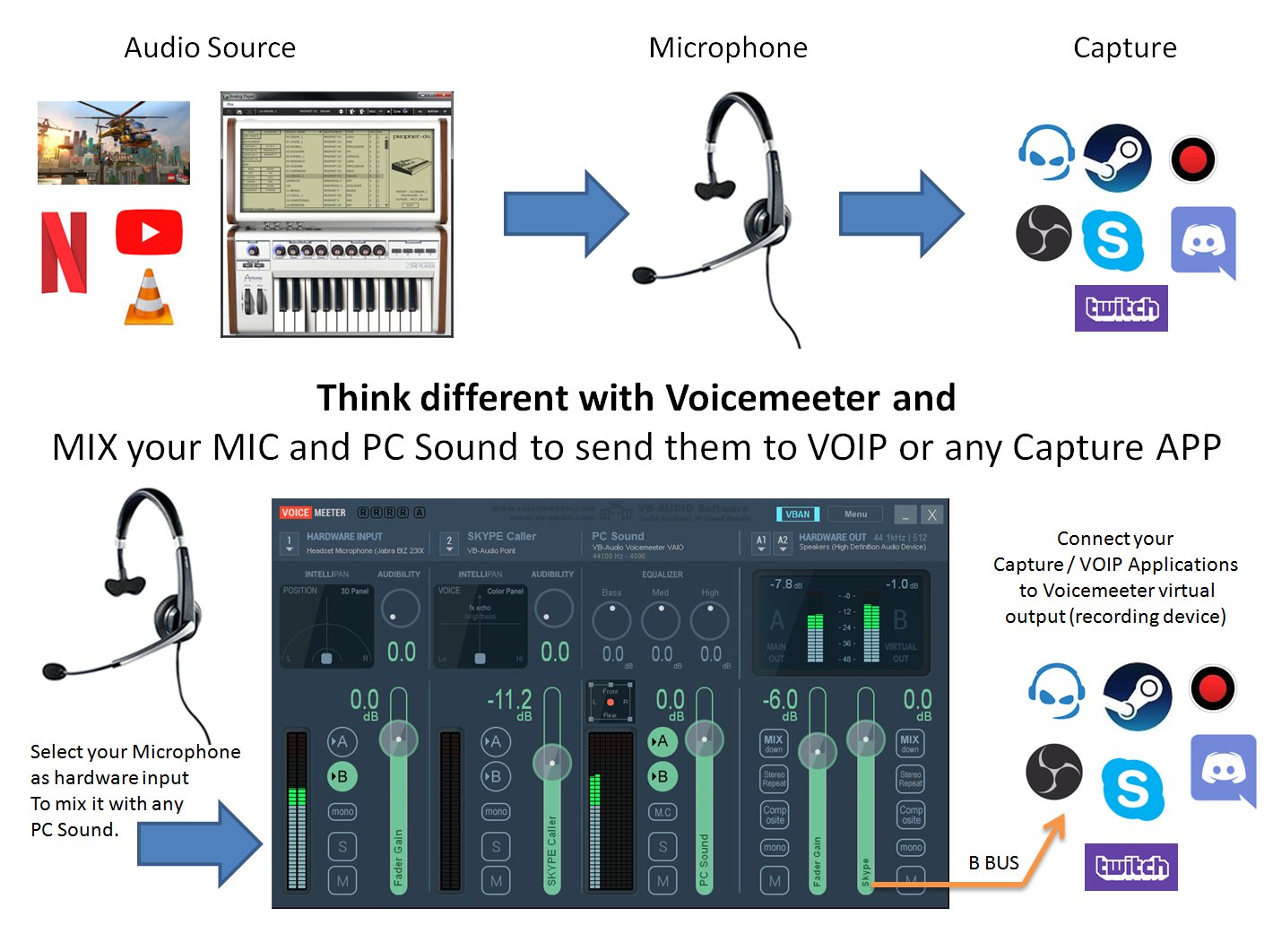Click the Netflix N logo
click(x=64, y=254)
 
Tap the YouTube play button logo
click(x=149, y=233)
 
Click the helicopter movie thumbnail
click(x=114, y=143)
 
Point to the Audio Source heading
click(x=210, y=48)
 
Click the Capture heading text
click(x=1124, y=48)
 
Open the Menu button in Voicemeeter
click(x=855, y=514)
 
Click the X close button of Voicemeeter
click(x=932, y=514)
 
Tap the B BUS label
click(x=993, y=863)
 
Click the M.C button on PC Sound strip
click(x=662, y=812)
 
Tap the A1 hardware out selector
click(x=761, y=542)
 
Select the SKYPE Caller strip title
click(x=501, y=536)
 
